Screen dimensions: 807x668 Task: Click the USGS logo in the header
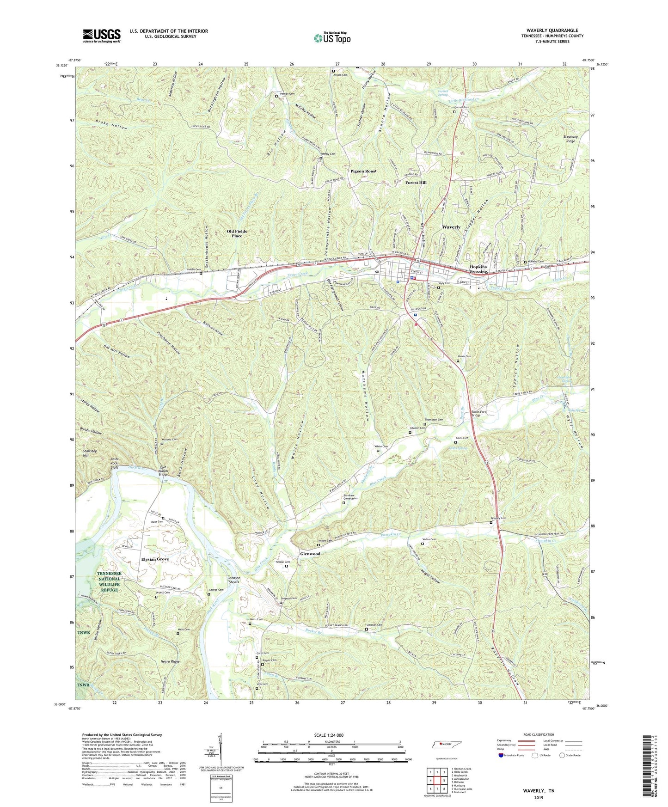102,36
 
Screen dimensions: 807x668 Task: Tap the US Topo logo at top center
332,38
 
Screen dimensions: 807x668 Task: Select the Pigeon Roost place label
363,171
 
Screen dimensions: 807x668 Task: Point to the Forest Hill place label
416,183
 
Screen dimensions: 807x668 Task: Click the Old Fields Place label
237,233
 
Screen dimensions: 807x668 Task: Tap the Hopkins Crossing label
478,269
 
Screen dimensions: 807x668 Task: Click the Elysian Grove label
155,559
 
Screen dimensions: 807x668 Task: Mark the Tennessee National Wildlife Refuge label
109,581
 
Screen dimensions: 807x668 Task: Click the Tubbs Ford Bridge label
478,413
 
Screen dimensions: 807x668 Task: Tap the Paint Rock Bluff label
114,464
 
